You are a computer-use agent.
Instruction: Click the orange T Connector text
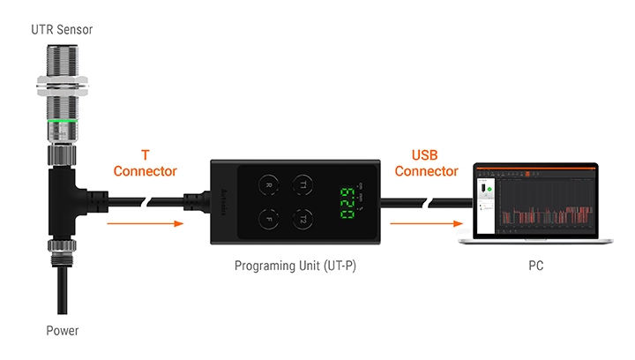click(146, 164)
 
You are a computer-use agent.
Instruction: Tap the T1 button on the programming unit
click(303, 185)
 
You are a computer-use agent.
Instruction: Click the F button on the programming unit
click(268, 218)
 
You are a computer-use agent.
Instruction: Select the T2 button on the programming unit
click(303, 218)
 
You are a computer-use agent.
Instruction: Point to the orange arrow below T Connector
click(146, 224)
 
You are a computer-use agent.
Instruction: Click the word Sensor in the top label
click(74, 30)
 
